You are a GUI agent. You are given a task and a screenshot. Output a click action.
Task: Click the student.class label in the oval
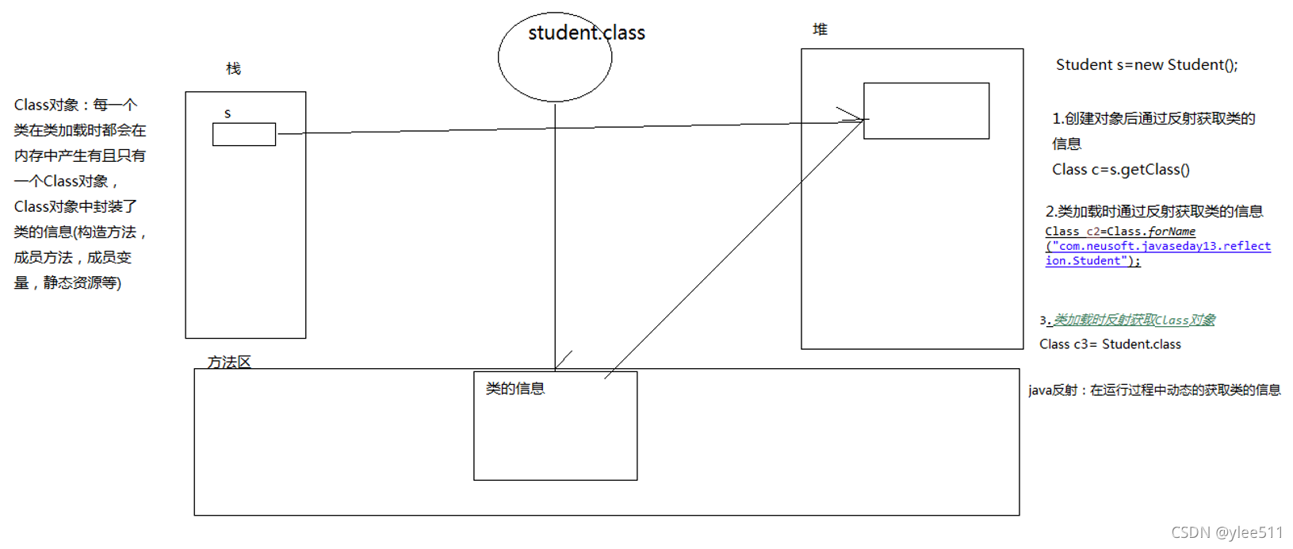click(x=587, y=33)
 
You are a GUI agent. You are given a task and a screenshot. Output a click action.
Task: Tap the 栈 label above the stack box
click(x=233, y=69)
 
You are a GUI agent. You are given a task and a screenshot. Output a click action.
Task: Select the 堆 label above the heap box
click(x=820, y=29)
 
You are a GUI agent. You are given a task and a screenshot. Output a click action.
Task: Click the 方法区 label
click(x=229, y=362)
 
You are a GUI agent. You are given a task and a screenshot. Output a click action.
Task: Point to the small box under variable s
click(x=244, y=134)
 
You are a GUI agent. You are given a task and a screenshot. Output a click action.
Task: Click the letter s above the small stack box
click(x=228, y=113)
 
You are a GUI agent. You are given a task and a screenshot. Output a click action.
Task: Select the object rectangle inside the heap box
click(x=926, y=111)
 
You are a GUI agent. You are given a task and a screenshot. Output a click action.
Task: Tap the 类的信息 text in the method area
click(x=515, y=388)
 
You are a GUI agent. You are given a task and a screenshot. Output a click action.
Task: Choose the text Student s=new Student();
click(x=1146, y=65)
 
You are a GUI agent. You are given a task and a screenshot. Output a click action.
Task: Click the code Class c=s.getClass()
click(x=1120, y=169)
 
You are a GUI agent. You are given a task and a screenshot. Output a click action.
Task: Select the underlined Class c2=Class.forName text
click(x=1119, y=232)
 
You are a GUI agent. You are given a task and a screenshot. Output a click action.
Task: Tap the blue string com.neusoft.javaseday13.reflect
click(x=1161, y=246)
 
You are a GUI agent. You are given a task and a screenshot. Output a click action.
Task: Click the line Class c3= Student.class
click(x=1110, y=344)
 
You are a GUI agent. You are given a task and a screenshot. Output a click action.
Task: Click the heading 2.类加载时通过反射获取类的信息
click(x=1153, y=211)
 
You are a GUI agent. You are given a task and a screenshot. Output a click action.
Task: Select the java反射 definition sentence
click(x=1154, y=390)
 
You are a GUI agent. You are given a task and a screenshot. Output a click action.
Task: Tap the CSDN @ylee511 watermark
click(x=1226, y=532)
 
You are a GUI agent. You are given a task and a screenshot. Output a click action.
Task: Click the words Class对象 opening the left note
click(x=47, y=105)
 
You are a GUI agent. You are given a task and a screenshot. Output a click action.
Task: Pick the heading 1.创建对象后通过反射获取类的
click(x=1153, y=118)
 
